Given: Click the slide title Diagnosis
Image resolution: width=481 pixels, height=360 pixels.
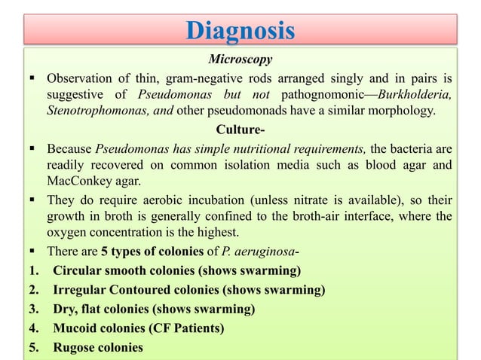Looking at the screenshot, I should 240,32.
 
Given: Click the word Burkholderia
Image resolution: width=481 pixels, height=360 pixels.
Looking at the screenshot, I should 416,95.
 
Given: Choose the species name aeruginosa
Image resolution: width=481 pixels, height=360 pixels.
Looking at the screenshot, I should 269,252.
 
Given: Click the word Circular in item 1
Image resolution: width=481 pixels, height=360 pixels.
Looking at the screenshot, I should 77,270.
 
